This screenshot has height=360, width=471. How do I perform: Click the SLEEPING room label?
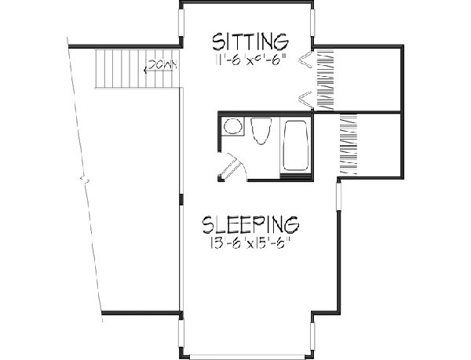click(x=251, y=225)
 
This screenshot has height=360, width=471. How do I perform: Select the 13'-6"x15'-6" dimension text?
click(x=251, y=244)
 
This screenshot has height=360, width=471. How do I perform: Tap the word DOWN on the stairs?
click(x=161, y=64)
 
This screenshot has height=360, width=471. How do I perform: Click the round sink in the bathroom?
click(x=232, y=126)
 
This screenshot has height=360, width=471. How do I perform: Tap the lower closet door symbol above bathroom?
click(x=304, y=98)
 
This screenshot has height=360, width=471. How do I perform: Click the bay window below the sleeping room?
click(x=246, y=355)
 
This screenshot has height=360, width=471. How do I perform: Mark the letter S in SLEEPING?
click(x=209, y=225)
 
